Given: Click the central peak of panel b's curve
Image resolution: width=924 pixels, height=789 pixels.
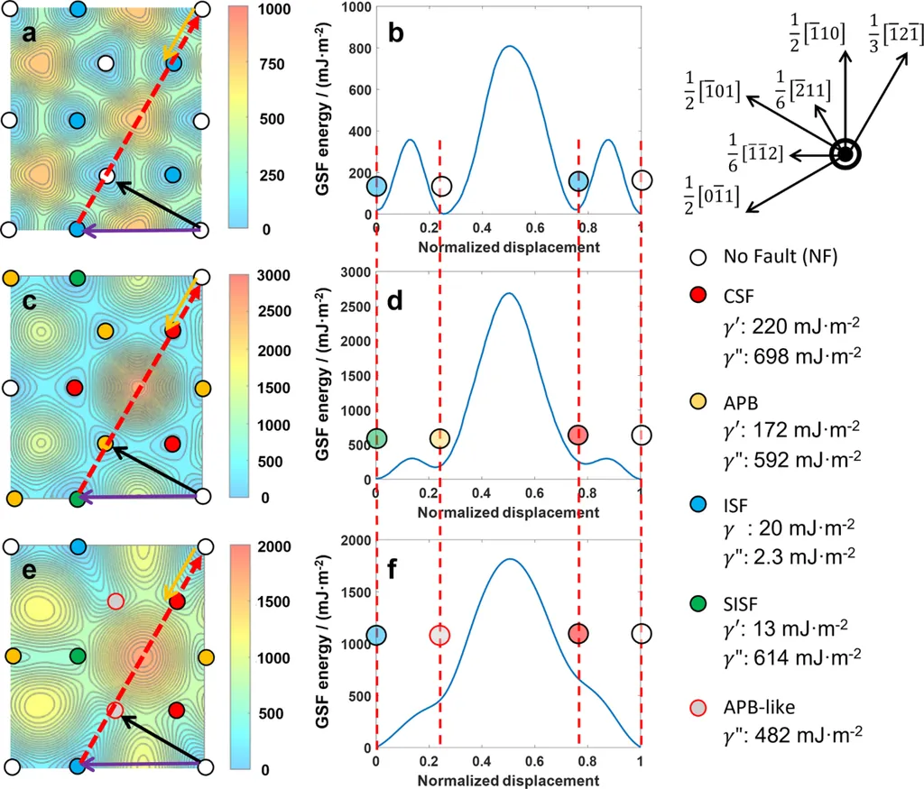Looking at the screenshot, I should (x=509, y=46).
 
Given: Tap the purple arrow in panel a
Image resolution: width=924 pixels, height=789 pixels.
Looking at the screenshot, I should (x=140, y=231).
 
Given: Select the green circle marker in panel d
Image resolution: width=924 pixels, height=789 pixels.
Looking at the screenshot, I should (x=377, y=438).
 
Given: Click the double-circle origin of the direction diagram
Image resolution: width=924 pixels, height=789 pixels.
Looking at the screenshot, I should (x=845, y=154).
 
